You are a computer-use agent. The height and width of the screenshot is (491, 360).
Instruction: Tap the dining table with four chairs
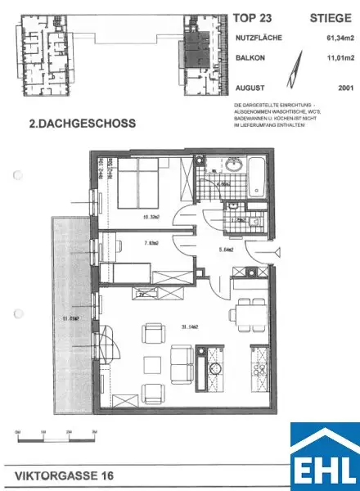coord(245,315)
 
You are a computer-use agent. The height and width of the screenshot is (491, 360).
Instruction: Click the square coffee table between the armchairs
coord(153,363)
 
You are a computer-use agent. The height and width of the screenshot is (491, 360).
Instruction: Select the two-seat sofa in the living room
coord(179,363)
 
